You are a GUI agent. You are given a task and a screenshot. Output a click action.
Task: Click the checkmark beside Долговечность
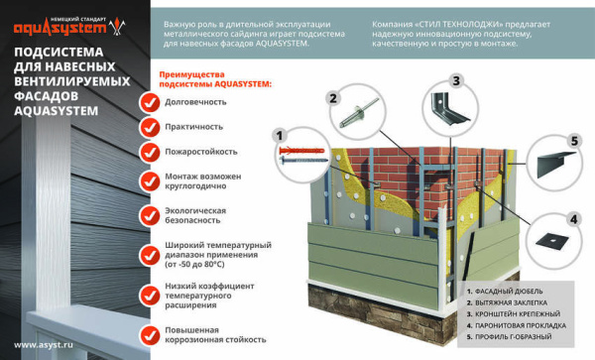149,101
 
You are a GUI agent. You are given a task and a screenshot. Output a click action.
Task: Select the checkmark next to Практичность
149,127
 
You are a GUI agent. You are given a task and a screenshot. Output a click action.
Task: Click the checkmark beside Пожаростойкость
149,152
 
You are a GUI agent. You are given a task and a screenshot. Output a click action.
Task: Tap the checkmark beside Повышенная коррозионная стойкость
149,332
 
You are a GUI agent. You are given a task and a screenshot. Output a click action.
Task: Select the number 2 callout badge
334,98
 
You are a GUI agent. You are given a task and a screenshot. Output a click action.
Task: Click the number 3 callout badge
456,81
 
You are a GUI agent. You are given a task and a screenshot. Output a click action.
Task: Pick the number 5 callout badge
572,142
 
